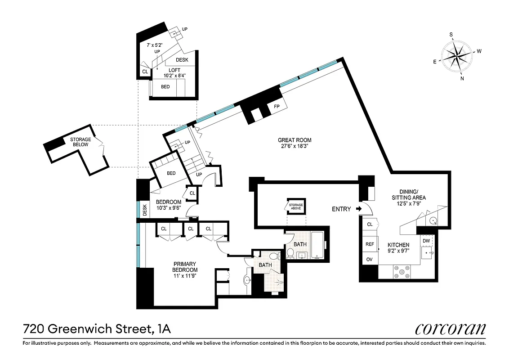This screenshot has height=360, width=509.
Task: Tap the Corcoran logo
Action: (450, 329)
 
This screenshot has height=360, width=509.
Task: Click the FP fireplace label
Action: (276, 107)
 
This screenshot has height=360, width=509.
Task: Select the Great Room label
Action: (295, 140)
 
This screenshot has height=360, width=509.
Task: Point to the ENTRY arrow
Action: (358, 209)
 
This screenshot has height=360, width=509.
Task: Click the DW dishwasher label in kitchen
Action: (426, 241)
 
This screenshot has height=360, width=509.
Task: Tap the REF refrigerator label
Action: (370, 244)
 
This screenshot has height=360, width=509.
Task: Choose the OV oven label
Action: (370, 259)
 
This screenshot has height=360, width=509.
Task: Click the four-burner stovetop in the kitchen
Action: (402, 271)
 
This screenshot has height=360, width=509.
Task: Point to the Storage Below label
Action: (80, 142)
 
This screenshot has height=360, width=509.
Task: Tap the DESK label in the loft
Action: (182, 60)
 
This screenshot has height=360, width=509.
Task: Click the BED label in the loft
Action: (165, 86)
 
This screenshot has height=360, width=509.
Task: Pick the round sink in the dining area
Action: (433, 220)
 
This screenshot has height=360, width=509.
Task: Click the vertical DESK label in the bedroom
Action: (144, 209)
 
